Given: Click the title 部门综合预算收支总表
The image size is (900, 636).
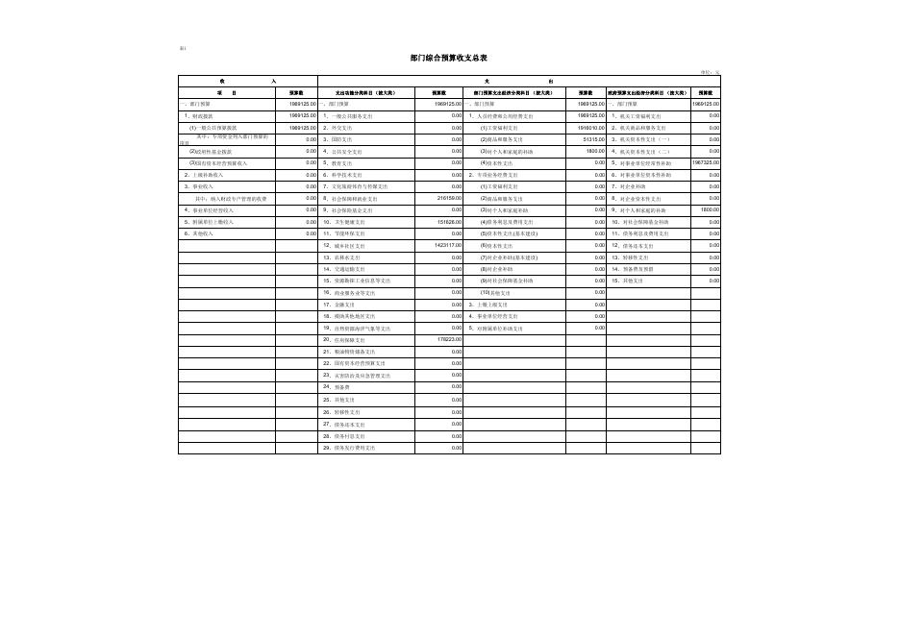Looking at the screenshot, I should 449,59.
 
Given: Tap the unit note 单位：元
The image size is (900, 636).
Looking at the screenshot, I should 711,72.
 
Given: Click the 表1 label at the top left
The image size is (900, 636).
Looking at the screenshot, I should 183,48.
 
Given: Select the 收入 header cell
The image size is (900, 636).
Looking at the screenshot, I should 247,81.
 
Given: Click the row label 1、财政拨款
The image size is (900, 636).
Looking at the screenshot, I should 201,115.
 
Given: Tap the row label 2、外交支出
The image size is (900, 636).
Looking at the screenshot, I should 341,127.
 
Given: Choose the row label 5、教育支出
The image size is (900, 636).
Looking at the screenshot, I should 341,162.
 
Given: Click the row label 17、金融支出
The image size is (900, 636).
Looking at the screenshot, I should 342,304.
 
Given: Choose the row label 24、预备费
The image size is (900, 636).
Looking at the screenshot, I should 339,386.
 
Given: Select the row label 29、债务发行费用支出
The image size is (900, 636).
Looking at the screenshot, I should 350,448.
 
